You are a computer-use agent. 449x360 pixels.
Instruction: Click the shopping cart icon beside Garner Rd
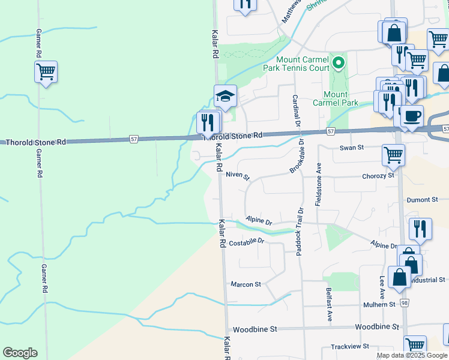46,73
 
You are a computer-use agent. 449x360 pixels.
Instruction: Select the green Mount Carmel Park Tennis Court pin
339,62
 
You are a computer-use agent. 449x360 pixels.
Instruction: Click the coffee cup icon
412,116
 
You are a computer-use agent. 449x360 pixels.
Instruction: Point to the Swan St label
352,148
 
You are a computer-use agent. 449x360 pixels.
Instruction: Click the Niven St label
237,175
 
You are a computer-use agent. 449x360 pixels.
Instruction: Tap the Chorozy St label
378,176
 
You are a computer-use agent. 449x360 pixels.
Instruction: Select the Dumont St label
423,200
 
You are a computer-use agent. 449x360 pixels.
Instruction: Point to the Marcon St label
246,284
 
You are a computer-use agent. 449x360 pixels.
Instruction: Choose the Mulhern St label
379,305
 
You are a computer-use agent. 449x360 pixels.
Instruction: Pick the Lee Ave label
382,287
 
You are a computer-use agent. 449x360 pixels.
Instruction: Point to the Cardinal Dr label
296,111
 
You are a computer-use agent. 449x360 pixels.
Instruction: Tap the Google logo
19,353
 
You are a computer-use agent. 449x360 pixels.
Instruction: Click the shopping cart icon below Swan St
393,155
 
